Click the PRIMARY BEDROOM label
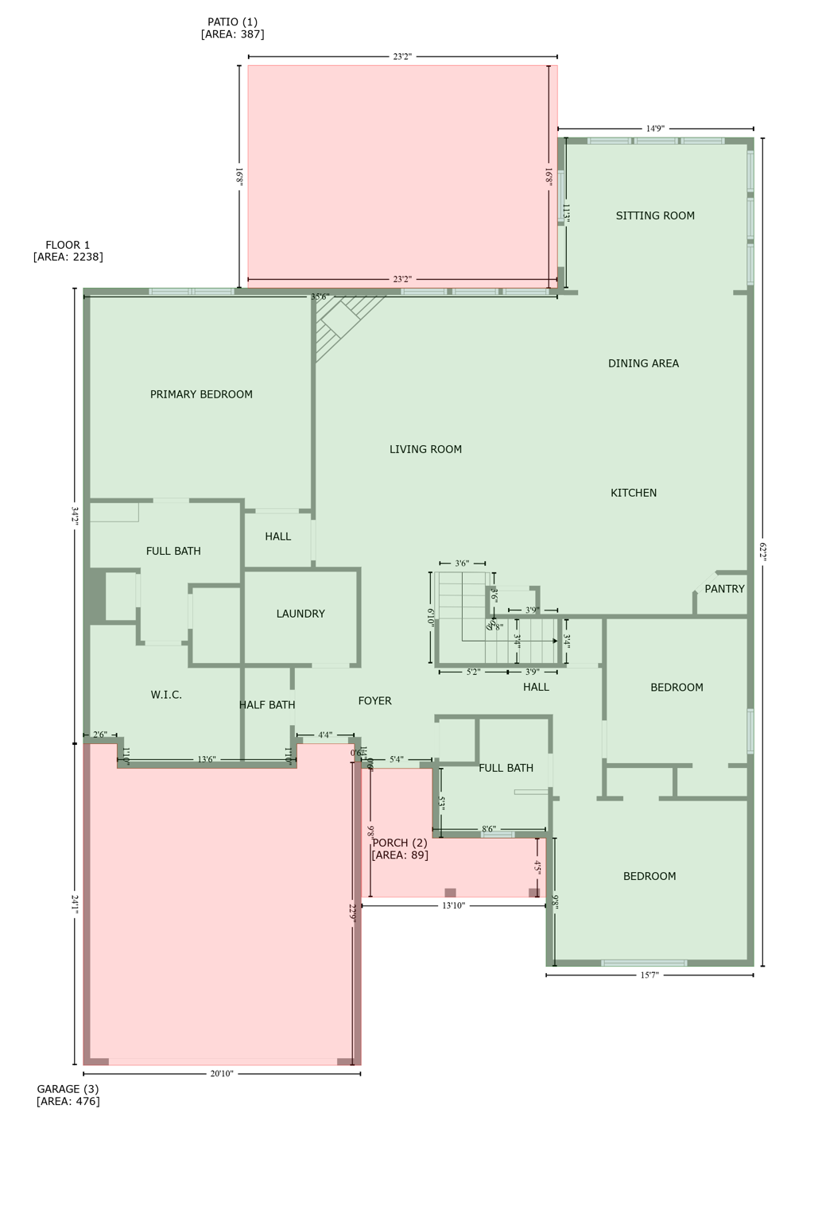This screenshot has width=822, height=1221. click(x=201, y=394)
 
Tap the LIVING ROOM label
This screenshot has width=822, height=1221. click(x=425, y=449)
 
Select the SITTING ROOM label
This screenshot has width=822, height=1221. click(x=655, y=215)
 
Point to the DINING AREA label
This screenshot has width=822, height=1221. click(x=643, y=363)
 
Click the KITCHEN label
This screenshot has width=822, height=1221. click(x=634, y=493)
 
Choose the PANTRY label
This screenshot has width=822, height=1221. click(x=724, y=589)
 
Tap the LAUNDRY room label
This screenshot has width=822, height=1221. click(x=300, y=614)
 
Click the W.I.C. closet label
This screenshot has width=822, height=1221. click(x=166, y=695)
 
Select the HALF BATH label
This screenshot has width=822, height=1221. click(x=267, y=705)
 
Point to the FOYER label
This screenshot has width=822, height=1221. click(x=374, y=701)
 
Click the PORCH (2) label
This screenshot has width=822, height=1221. click(x=400, y=843)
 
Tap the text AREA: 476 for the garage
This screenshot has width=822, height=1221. click(x=68, y=1102)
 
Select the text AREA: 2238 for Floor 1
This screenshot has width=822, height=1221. click(x=68, y=257)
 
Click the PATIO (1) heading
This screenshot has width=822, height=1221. click(x=232, y=22)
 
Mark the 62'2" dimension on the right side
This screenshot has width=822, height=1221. click(x=763, y=552)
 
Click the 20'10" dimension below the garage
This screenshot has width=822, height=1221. click(x=222, y=1074)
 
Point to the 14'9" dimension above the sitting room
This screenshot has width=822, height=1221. click(x=655, y=129)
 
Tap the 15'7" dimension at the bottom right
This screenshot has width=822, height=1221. click(x=649, y=975)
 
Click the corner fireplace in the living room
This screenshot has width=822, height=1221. click(x=342, y=322)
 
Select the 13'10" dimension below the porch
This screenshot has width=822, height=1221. click(x=453, y=905)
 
